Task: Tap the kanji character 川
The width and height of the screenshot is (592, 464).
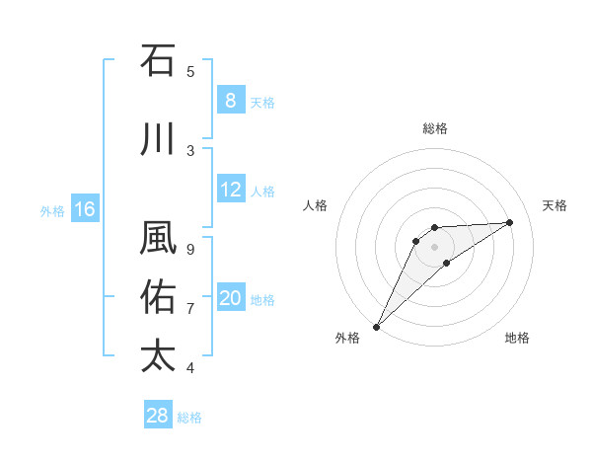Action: coord(158,139)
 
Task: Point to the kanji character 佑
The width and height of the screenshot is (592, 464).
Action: coord(158,296)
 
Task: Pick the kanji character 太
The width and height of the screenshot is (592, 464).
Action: coord(158,355)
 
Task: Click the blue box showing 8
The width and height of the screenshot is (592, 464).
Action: coord(230,101)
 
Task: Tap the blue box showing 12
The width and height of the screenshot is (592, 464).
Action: coord(230,190)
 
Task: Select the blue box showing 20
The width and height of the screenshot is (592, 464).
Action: coord(230,298)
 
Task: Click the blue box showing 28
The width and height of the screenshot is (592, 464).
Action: coord(157,416)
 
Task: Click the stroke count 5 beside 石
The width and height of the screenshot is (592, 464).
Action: coord(190,71)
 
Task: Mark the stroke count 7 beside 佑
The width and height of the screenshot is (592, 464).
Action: coord(190,309)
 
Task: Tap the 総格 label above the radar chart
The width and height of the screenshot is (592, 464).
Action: coord(435,128)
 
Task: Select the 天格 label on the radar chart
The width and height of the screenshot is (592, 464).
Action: coord(555,205)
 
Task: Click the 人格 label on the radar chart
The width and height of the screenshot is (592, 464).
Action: coord(315,205)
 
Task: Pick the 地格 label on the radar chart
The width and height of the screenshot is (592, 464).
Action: coord(517,338)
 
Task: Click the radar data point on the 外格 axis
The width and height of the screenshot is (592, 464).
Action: coord(376,327)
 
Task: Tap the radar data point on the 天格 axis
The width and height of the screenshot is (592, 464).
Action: coord(510,222)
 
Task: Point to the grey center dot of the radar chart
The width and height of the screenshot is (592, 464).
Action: coord(435,247)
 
